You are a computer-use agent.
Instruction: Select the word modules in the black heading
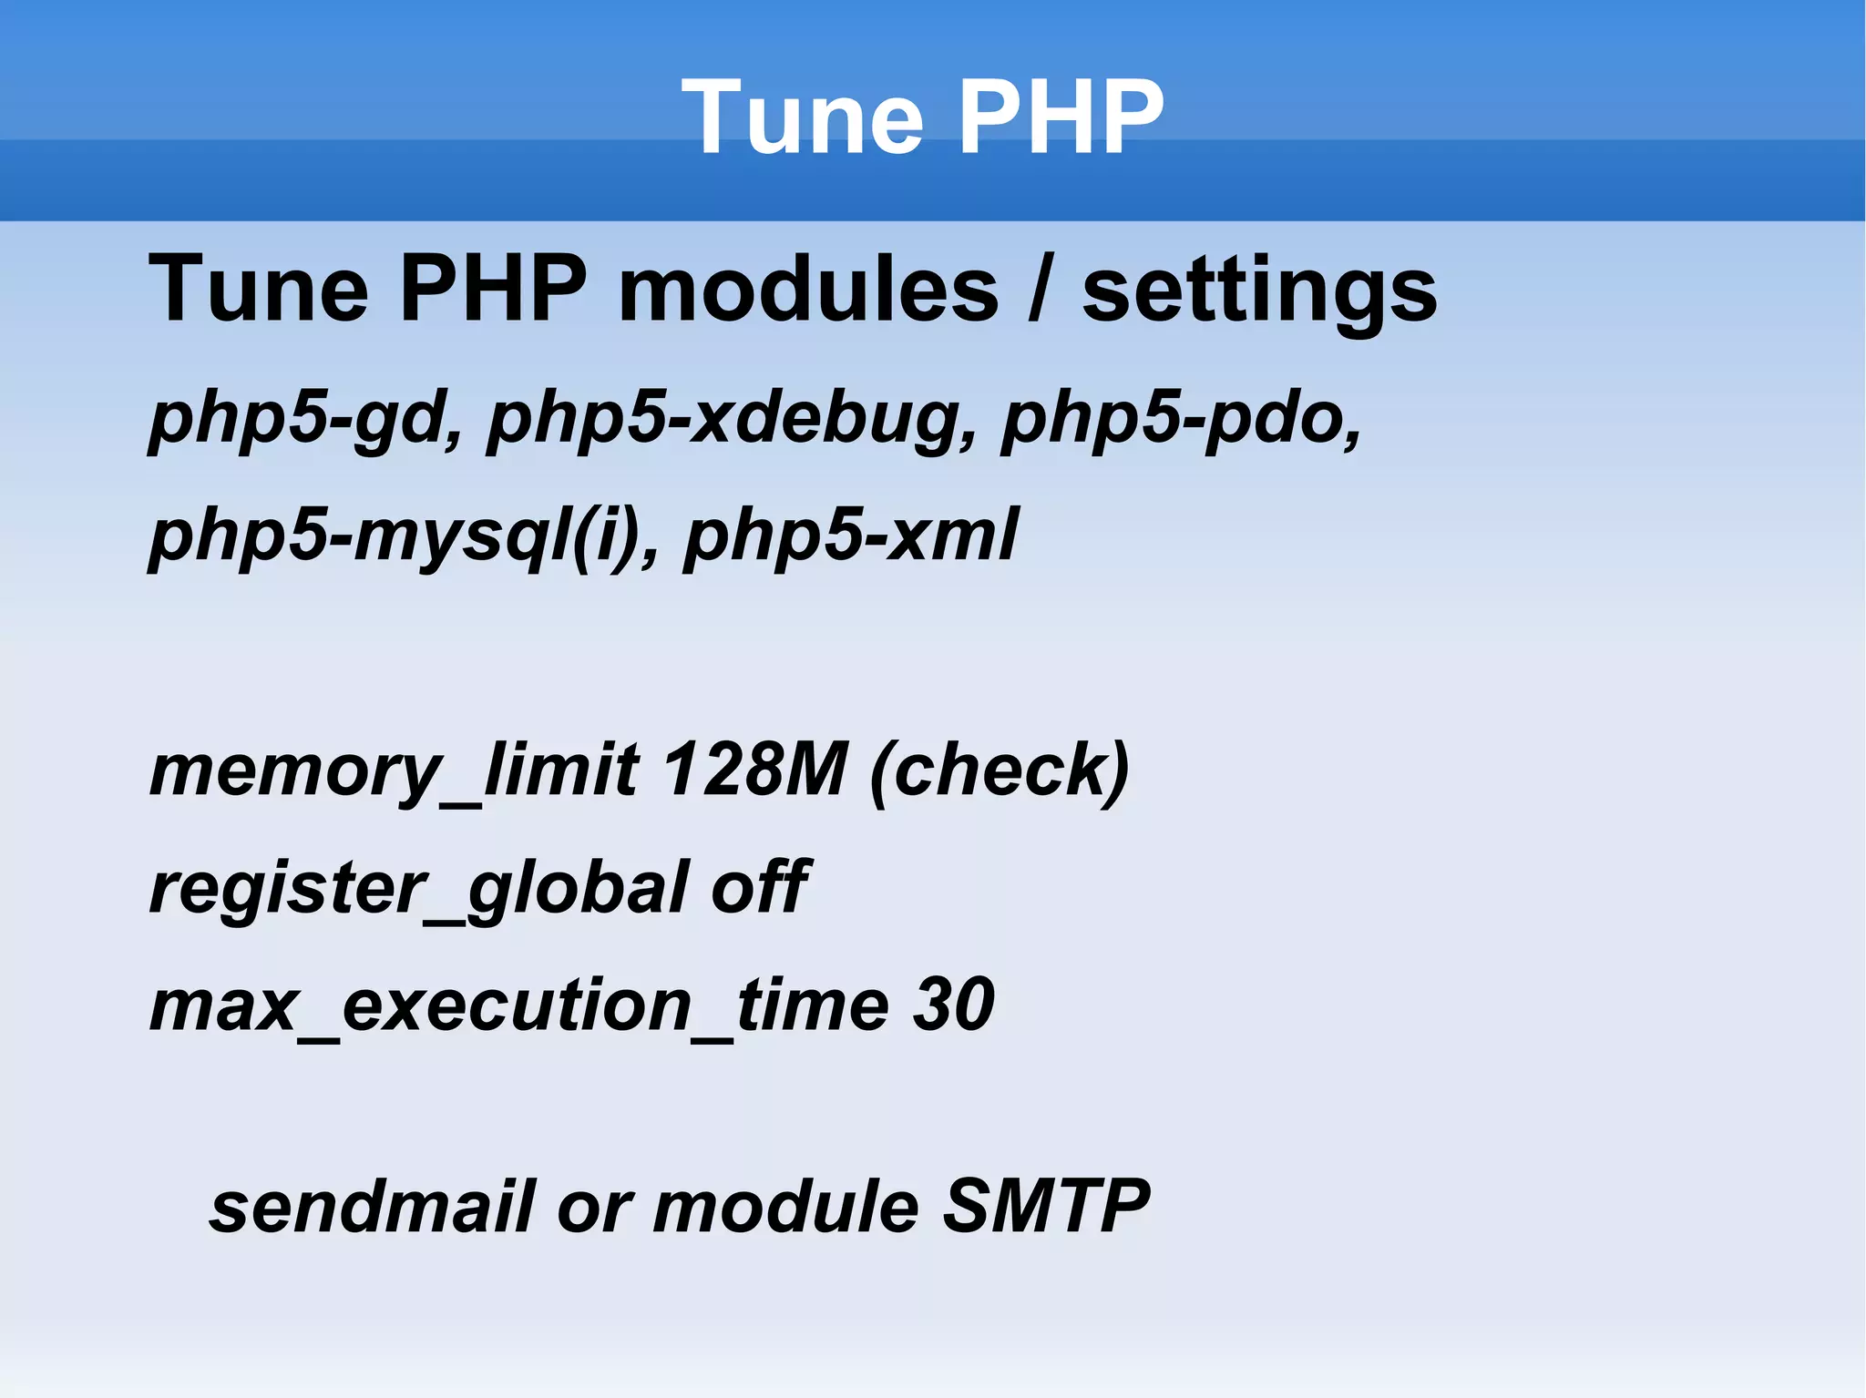tap(808, 290)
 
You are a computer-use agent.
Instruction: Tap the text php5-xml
tap(851, 536)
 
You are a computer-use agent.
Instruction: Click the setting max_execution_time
tap(519, 1006)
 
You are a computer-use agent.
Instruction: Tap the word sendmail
tap(372, 1207)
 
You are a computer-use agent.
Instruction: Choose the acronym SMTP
tap(1046, 1207)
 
